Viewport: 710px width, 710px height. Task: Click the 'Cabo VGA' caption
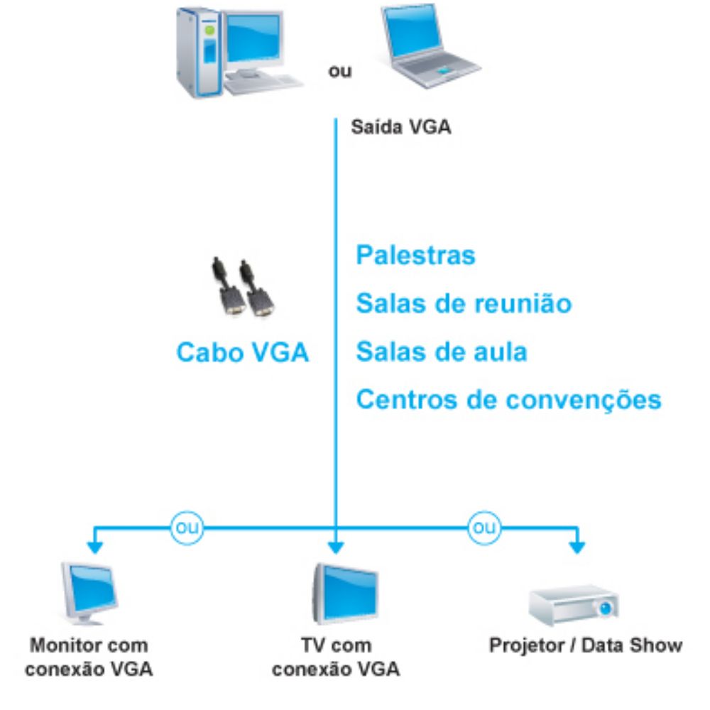[x=242, y=352]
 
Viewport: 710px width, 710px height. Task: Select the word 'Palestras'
[x=415, y=256]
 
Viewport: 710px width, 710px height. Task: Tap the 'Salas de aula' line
[x=442, y=351]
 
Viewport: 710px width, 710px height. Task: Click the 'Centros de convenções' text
[x=508, y=399]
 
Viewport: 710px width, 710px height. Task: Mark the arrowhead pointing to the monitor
[x=93, y=547]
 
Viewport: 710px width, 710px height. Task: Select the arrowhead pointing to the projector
[x=578, y=547]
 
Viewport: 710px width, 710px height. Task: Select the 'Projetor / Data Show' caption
[x=585, y=646]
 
